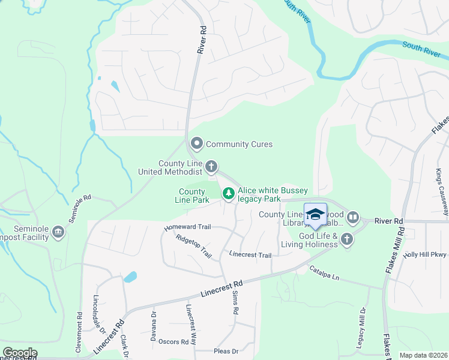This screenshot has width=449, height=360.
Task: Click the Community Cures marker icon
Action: click(x=196, y=144)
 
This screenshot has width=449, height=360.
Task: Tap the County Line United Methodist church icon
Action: click(x=211, y=166)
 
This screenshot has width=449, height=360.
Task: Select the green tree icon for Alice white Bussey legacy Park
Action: click(x=228, y=193)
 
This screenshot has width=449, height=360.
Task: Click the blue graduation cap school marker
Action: click(x=316, y=215)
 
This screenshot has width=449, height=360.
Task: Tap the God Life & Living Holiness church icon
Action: click(x=346, y=240)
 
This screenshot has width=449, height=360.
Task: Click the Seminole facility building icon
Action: click(x=58, y=232)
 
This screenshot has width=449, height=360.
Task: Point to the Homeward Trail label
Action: click(x=188, y=227)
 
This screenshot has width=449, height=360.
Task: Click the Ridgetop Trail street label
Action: click(x=194, y=245)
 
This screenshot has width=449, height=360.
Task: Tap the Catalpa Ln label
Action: click(x=325, y=274)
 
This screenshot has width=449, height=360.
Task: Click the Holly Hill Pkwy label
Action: click(x=426, y=254)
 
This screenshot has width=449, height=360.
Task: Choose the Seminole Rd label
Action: click(x=79, y=208)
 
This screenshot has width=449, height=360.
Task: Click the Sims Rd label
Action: click(x=235, y=304)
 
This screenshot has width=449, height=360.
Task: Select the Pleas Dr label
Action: click(x=226, y=351)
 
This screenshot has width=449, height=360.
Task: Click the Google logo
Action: click(x=20, y=353)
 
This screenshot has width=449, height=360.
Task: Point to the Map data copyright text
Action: click(x=423, y=355)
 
